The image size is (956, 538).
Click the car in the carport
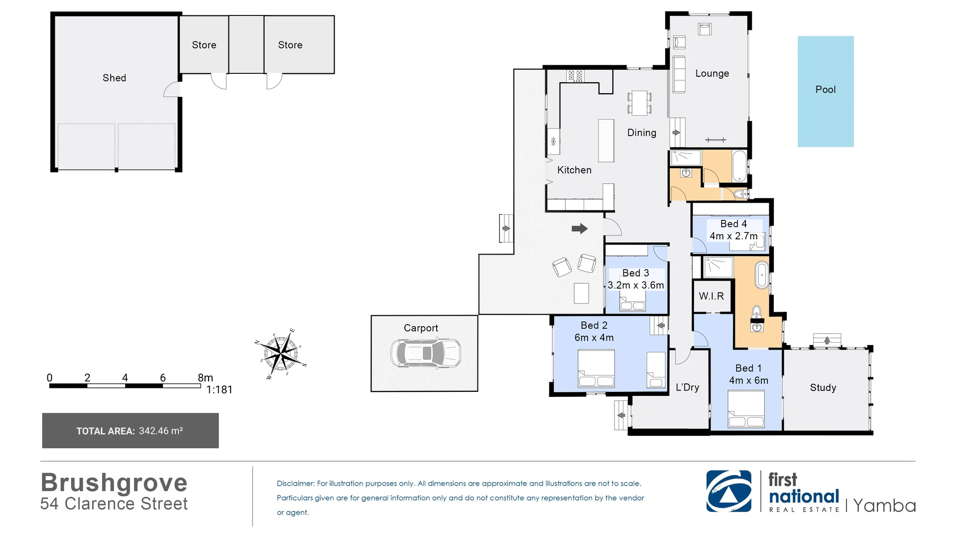[x=426, y=353]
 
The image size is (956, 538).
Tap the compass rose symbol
[x=281, y=354]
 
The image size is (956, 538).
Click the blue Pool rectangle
[x=826, y=91]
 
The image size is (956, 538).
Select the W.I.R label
[x=711, y=296]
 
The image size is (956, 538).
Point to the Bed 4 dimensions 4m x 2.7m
[x=733, y=236]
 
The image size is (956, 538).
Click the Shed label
[x=114, y=78]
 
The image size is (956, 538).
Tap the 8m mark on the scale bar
[x=205, y=377]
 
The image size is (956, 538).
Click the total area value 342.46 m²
[x=161, y=431]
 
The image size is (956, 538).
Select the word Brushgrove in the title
[x=114, y=483]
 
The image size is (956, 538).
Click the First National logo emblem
[x=728, y=491]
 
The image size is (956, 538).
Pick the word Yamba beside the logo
[x=884, y=506]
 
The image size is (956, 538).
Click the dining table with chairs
[x=639, y=103]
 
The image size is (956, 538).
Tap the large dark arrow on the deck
[x=580, y=229]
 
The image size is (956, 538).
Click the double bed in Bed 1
[x=746, y=409]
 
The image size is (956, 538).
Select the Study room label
[x=823, y=387]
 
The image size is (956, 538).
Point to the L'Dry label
[x=687, y=387]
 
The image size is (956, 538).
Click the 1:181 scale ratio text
[x=219, y=390]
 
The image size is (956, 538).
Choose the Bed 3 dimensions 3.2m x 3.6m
[x=636, y=285]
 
